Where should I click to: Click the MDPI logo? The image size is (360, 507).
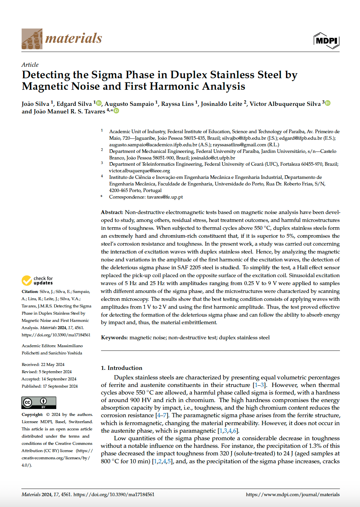click(x=326, y=40)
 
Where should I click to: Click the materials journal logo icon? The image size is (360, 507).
click(x=32, y=39)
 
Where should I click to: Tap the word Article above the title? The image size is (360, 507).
click(x=30, y=65)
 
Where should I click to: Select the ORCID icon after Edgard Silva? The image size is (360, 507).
click(x=99, y=103)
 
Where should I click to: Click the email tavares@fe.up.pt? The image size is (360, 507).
click(x=165, y=197)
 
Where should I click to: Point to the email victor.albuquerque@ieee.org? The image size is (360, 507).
click(x=140, y=171)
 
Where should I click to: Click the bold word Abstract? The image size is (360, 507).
click(x=112, y=212)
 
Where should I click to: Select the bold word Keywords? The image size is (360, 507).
click(x=114, y=338)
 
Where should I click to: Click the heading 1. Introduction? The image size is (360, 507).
click(x=121, y=368)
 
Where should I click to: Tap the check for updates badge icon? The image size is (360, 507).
click(x=27, y=280)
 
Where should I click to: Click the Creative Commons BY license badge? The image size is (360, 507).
click(x=39, y=402)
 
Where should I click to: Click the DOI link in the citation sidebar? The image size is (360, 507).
click(x=56, y=335)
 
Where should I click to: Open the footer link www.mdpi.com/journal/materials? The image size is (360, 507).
click(x=293, y=495)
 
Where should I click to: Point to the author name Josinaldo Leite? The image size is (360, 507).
click(x=221, y=104)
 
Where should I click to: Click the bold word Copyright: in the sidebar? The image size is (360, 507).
click(x=32, y=415)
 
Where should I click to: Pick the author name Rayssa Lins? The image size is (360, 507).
click(x=177, y=104)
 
